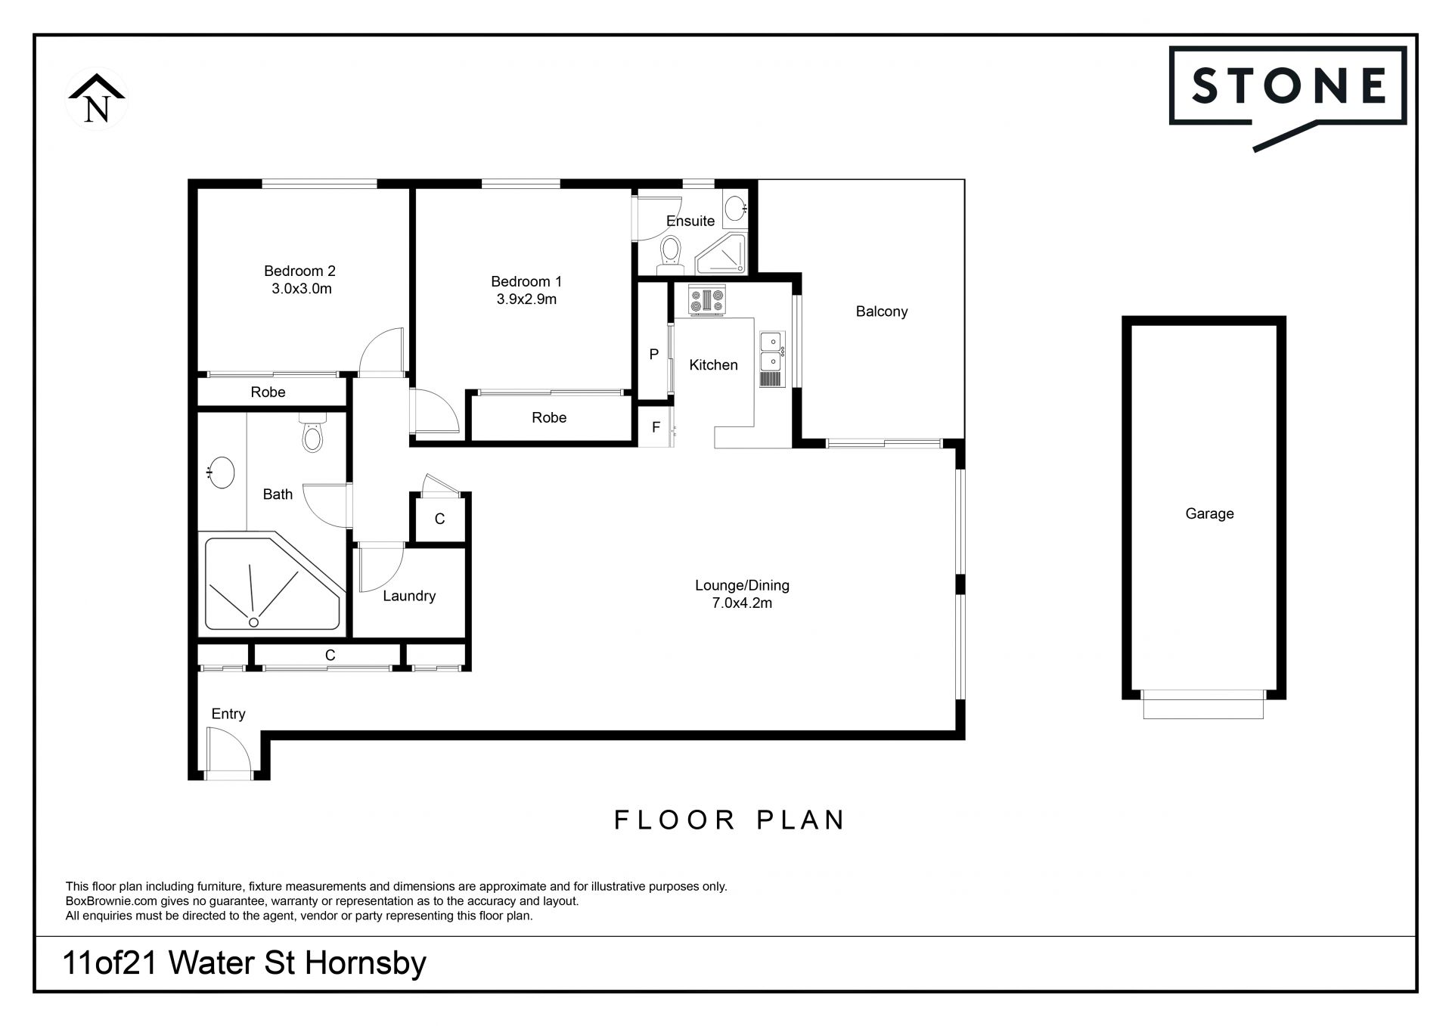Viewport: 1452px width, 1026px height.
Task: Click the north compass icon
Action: click(x=97, y=100)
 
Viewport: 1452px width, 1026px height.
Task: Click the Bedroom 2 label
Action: click(x=299, y=271)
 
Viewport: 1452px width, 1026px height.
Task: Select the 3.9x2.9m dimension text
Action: click(x=526, y=299)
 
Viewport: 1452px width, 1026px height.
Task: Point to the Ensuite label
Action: click(x=690, y=221)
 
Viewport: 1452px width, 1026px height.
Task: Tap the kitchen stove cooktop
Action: click(x=706, y=300)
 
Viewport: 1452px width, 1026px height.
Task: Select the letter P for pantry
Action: click(x=654, y=354)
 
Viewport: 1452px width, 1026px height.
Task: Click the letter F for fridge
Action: click(x=656, y=427)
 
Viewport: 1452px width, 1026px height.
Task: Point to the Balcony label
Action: click(x=882, y=312)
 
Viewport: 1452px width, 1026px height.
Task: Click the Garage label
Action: click(x=1209, y=514)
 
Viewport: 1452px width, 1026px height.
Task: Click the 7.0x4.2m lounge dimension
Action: click(x=742, y=603)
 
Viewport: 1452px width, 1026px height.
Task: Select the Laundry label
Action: click(x=409, y=596)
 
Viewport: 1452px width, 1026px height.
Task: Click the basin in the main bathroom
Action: click(x=221, y=473)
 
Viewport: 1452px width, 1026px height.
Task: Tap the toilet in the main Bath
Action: click(x=312, y=432)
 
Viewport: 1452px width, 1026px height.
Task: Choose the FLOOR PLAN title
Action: click(x=730, y=820)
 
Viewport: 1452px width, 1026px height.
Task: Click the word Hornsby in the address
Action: click(x=365, y=964)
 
